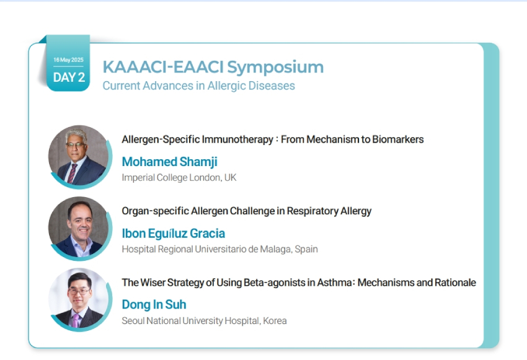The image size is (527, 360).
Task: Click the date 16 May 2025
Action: click(x=68, y=59)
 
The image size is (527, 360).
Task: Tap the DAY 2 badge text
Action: click(x=69, y=77)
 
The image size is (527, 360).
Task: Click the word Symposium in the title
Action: click(x=275, y=68)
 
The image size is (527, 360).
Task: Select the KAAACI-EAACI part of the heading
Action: click(x=163, y=66)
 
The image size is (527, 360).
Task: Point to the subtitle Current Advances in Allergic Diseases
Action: click(x=198, y=86)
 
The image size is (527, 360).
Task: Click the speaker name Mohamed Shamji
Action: click(x=169, y=162)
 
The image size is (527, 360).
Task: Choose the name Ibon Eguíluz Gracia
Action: click(x=174, y=234)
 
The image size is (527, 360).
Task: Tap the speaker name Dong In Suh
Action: click(x=154, y=305)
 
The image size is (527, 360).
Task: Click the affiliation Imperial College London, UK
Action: click(x=179, y=177)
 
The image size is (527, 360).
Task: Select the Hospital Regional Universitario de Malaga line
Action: click(x=220, y=249)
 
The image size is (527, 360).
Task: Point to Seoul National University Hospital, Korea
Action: click(x=205, y=321)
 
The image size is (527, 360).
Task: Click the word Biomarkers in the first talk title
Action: click(x=398, y=139)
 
